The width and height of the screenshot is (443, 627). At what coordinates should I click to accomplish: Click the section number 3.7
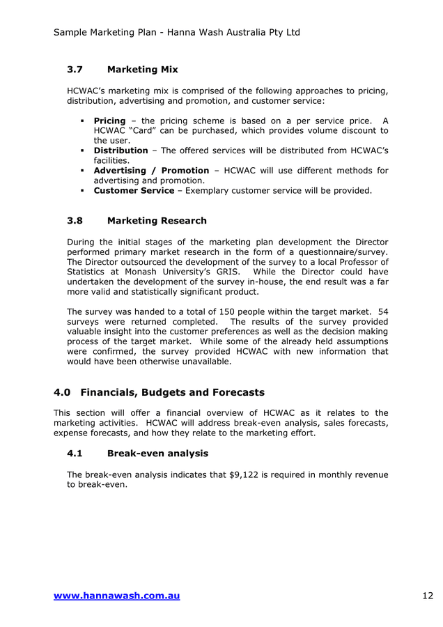pos(75,70)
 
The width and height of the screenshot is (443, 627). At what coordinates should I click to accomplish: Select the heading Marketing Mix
pos(142,70)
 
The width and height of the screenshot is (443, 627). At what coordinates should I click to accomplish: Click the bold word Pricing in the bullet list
pos(109,121)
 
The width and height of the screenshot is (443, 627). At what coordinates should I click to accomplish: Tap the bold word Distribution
pos(121,150)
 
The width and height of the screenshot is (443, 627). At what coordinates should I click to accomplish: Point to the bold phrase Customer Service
pos(134,190)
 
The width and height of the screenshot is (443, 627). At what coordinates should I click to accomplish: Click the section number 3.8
pos(75,221)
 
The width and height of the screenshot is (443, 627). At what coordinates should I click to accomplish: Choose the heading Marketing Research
pos(157,221)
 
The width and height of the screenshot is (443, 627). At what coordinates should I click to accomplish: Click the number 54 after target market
pos(382,311)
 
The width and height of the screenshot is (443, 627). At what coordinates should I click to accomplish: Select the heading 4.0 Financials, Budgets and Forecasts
pos(159,393)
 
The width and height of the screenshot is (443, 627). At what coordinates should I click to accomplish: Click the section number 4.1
pos(75,454)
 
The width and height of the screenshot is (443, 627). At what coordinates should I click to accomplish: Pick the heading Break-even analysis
pos(157,454)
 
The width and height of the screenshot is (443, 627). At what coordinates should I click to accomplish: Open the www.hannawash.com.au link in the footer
pos(116,596)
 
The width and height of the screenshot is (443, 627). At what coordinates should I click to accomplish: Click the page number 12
pos(427,596)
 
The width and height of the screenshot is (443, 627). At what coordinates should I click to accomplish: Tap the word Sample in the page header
pos(71,33)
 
